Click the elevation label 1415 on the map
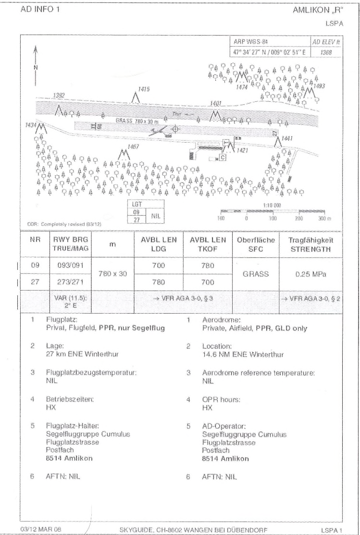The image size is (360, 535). coord(144,89)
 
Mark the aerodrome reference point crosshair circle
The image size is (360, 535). coord(175,128)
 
